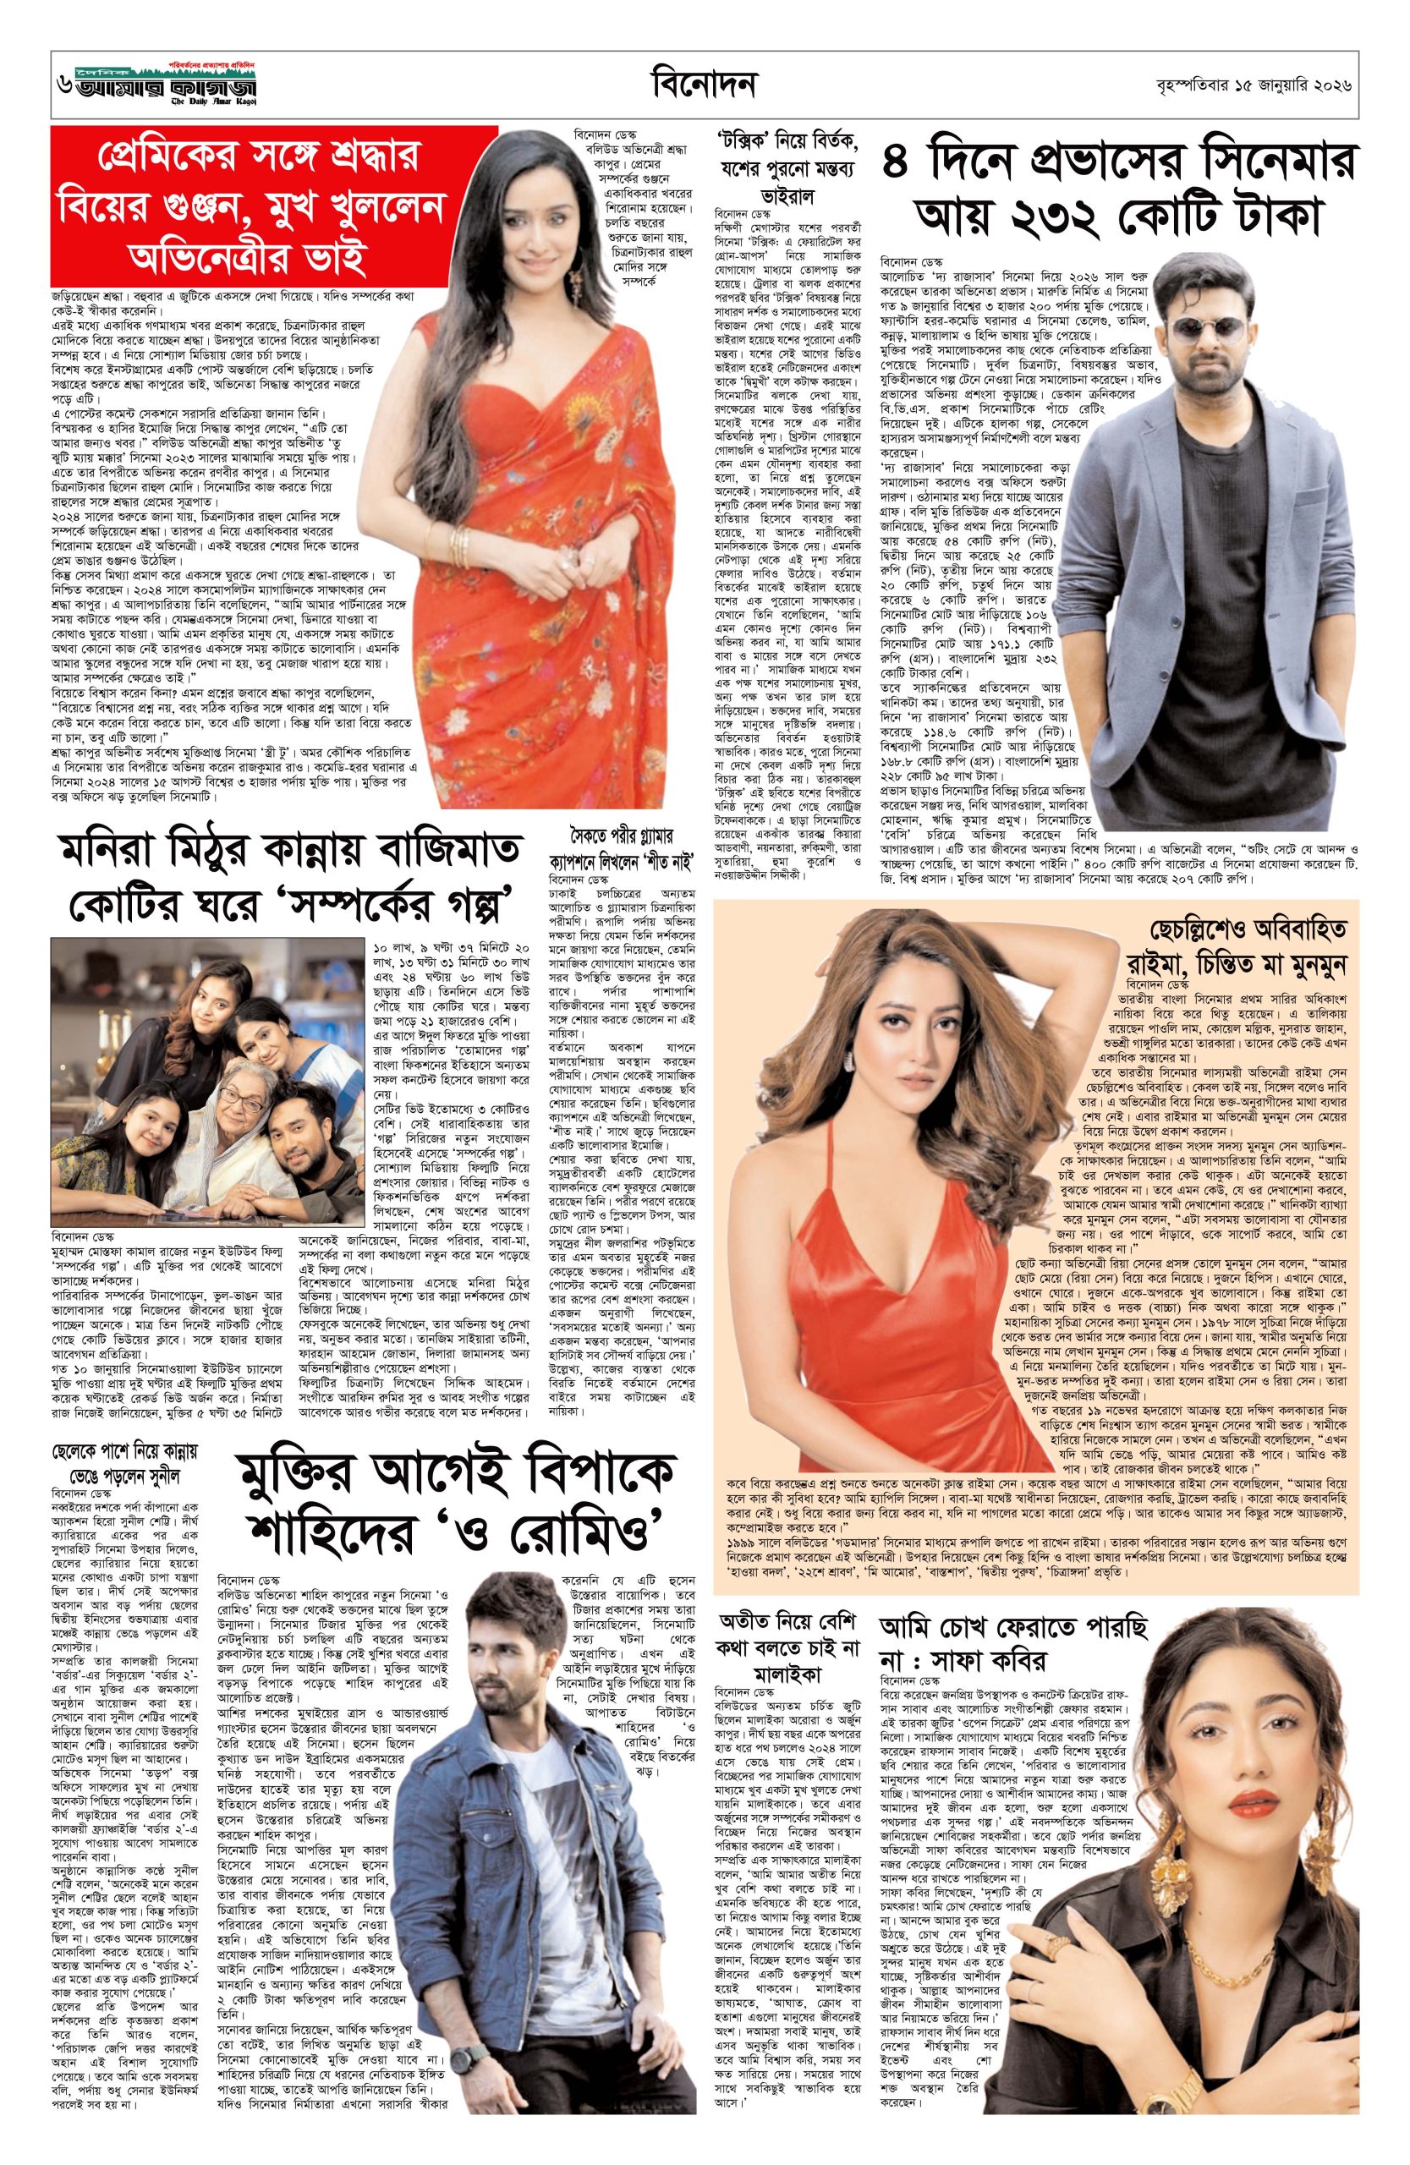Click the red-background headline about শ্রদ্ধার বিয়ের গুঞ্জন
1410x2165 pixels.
[x=250, y=206]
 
